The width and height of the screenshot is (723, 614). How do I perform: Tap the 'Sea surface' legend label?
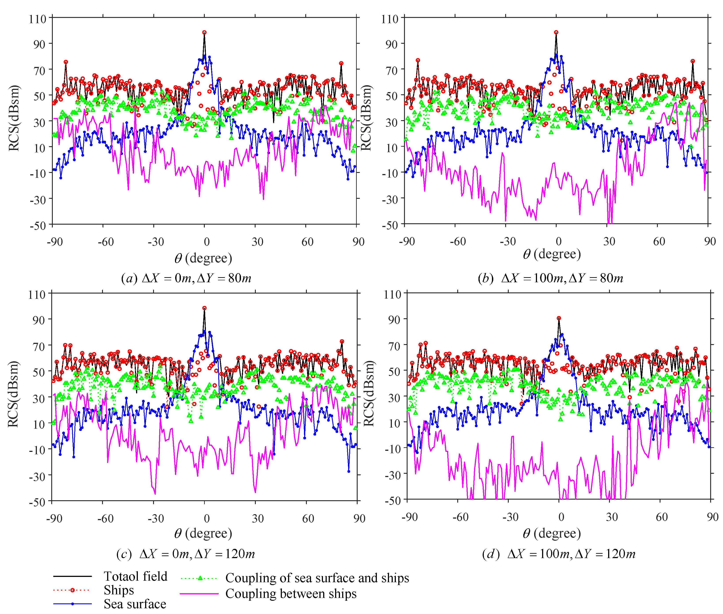(135, 604)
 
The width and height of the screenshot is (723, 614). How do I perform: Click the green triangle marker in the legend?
(200, 578)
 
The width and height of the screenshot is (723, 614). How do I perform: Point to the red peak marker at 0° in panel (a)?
(204, 32)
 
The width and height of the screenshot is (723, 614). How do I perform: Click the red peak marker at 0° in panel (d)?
(559, 318)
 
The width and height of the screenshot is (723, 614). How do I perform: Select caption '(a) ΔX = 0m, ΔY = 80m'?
(186, 278)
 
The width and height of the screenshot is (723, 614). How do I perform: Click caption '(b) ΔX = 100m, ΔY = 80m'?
(550, 278)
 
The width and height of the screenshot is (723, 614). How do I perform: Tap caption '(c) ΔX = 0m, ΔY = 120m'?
(186, 554)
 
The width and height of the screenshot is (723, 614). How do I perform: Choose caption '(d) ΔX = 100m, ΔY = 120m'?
(558, 554)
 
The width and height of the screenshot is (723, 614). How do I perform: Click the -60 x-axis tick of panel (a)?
(105, 242)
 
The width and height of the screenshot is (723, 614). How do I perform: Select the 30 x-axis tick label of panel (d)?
(612, 517)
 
